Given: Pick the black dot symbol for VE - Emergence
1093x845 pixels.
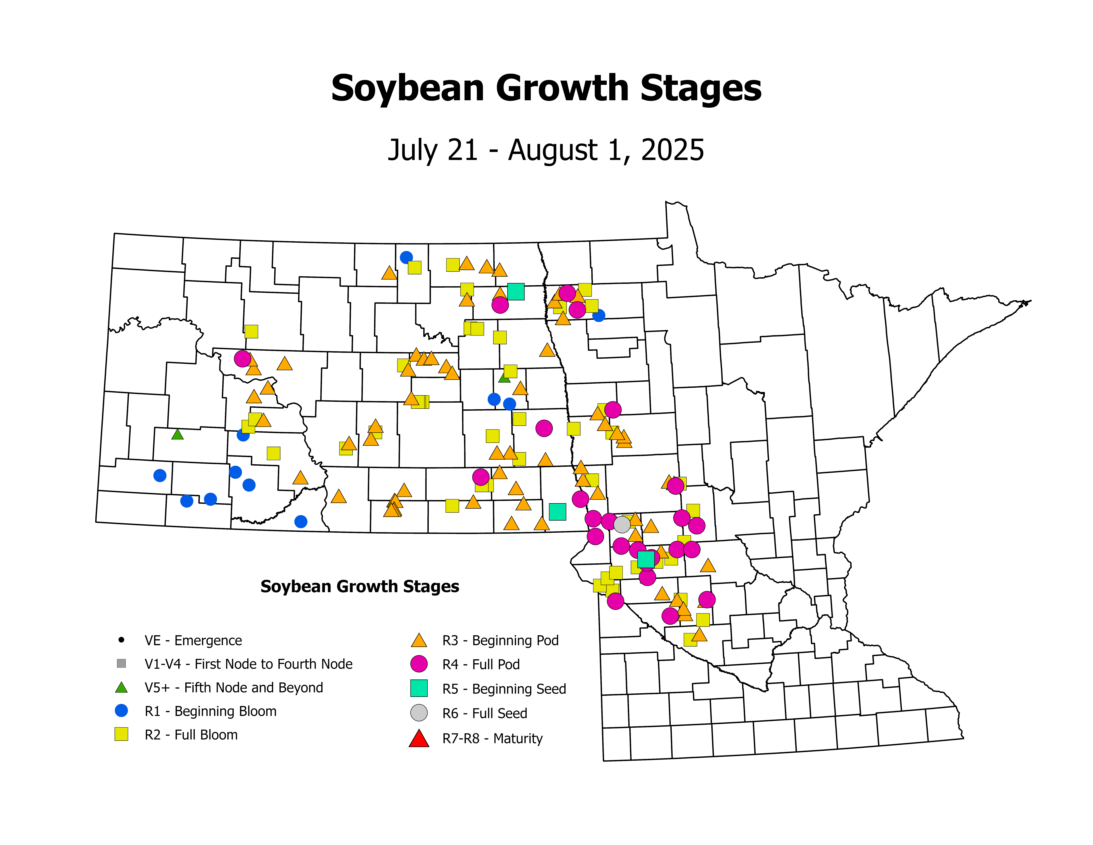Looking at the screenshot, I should tap(121, 640).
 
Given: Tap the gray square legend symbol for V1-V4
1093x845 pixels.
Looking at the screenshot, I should tap(121, 663).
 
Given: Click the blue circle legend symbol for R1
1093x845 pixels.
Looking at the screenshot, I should tap(121, 710).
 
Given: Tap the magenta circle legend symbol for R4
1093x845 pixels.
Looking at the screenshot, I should tap(419, 664).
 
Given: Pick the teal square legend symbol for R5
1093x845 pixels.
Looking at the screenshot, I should tap(419, 688).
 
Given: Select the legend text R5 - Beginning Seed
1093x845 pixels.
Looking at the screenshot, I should tap(504, 689).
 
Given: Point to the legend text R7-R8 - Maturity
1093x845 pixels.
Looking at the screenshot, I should tap(493, 738).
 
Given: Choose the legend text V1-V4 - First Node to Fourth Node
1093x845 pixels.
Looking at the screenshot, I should tap(248, 664).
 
